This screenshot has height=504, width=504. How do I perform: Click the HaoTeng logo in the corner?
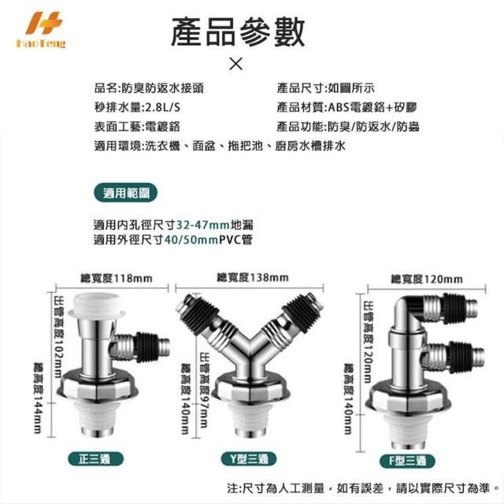click(x=41, y=30)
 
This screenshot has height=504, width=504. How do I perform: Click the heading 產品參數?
click(x=238, y=32)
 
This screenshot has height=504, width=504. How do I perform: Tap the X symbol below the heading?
click(x=236, y=64)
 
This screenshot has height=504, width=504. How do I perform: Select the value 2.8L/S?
click(x=163, y=107)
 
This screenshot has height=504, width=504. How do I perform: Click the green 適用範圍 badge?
click(x=126, y=193)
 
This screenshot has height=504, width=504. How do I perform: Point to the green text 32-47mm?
click(x=203, y=224)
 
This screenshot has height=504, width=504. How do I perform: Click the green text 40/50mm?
click(x=191, y=239)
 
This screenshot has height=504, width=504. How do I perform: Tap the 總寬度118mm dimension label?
click(x=116, y=278)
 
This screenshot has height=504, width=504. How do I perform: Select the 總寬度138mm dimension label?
click(x=253, y=277)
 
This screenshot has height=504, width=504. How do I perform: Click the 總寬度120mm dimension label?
click(x=427, y=279)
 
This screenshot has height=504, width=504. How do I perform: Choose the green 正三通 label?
click(x=95, y=458)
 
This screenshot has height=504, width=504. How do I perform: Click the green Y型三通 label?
click(x=249, y=459)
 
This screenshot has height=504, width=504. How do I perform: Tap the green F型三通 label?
click(x=407, y=461)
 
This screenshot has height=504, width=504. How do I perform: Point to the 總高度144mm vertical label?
click(x=39, y=398)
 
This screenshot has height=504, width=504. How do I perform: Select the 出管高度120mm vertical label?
click(x=369, y=341)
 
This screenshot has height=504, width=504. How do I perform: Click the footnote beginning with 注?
click(x=363, y=488)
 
